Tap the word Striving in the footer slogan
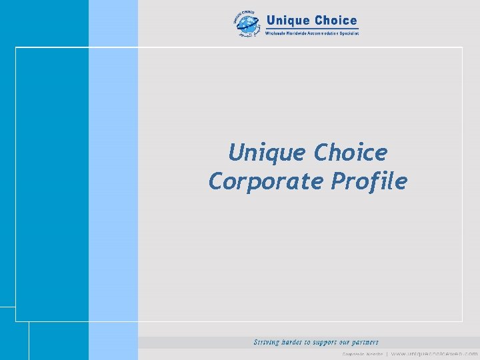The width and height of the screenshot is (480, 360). point(267,342)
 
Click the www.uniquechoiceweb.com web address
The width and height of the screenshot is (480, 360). point(434,354)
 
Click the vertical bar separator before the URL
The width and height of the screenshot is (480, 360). point(386,354)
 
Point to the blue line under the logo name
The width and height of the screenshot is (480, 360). point(312,28)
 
